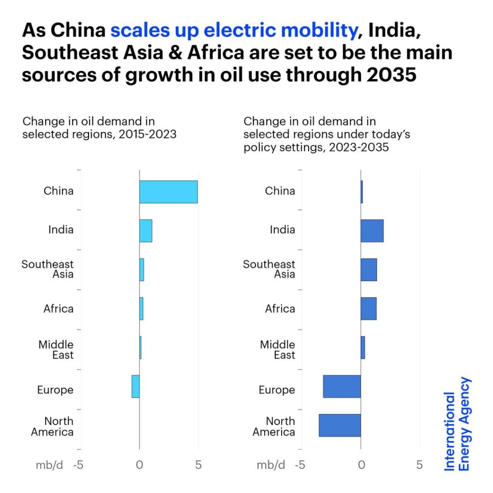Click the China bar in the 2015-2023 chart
(168, 192)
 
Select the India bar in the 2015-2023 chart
(145, 231)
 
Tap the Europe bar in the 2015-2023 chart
(135, 386)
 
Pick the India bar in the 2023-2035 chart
(372, 231)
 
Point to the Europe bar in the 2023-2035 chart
(341, 386)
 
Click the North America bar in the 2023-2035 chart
(339, 425)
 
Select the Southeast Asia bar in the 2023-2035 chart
(368, 270)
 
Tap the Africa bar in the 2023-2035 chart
(368, 309)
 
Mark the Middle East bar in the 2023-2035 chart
(363, 347)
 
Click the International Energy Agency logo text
(457, 424)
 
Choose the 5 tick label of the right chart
(419, 465)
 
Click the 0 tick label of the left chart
(139, 465)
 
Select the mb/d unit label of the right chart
(271, 465)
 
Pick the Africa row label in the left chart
(58, 309)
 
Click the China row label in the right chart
(280, 191)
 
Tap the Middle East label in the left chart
(56, 350)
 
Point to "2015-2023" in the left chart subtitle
(149, 134)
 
